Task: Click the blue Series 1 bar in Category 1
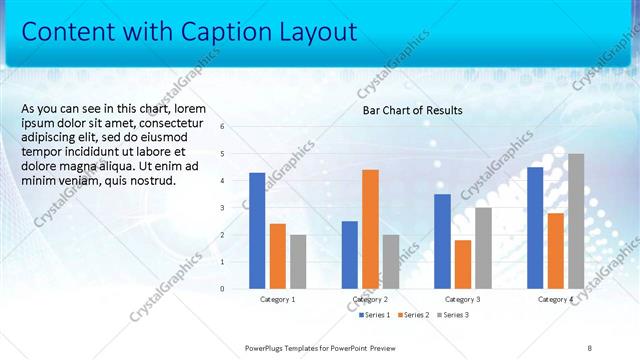257,231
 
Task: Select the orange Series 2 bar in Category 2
370,229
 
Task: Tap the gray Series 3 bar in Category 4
576,221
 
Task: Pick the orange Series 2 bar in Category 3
462,264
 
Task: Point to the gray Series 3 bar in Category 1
298,262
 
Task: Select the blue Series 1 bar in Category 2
349,255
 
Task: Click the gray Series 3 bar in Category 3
483,248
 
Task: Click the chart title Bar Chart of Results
412,110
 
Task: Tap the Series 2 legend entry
413,315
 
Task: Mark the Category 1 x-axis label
277,299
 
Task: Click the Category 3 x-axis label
462,299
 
